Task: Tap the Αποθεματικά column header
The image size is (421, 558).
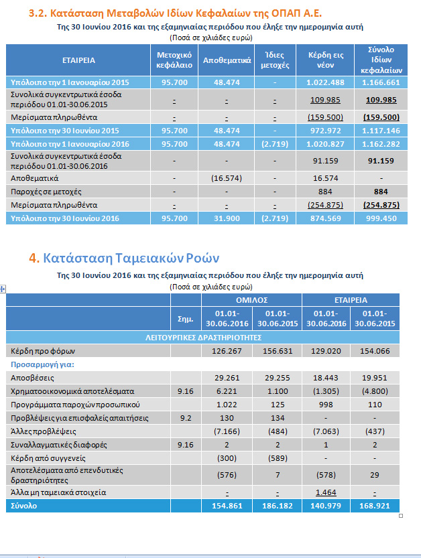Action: (227, 60)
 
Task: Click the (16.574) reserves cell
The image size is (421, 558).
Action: (227, 179)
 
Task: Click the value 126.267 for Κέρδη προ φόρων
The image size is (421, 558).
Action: (226, 350)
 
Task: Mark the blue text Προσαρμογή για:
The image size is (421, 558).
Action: (42, 365)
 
